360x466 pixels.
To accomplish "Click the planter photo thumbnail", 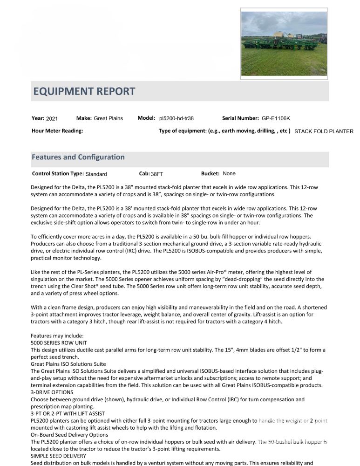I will (284, 43).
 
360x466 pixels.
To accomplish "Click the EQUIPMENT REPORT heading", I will (84, 91).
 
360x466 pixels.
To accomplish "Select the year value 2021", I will (52, 119).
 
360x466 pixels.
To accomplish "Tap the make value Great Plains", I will (109, 118).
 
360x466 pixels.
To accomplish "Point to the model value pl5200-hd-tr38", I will (177, 118).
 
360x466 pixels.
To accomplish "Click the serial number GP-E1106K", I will (276, 118).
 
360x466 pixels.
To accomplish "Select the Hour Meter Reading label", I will (57, 131).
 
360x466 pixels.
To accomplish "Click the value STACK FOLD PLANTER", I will (324, 131).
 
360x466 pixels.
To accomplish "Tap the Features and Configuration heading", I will (78, 157).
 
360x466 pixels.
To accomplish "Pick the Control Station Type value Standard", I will (96, 174).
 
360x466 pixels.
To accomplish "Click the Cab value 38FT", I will (157, 174).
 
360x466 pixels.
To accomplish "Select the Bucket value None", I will (229, 174).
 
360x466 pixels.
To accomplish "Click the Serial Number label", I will (240, 118).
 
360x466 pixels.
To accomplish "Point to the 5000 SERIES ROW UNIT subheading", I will (59, 343).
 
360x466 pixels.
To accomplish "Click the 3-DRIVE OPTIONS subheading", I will (52, 392).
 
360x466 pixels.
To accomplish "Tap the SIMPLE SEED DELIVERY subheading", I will (58, 456).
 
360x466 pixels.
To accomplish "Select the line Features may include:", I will (57, 336).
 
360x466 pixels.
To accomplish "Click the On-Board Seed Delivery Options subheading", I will (69, 435).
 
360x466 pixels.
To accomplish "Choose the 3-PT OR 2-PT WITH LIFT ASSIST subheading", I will (68, 413).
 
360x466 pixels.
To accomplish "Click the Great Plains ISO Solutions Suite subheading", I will (68, 364).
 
